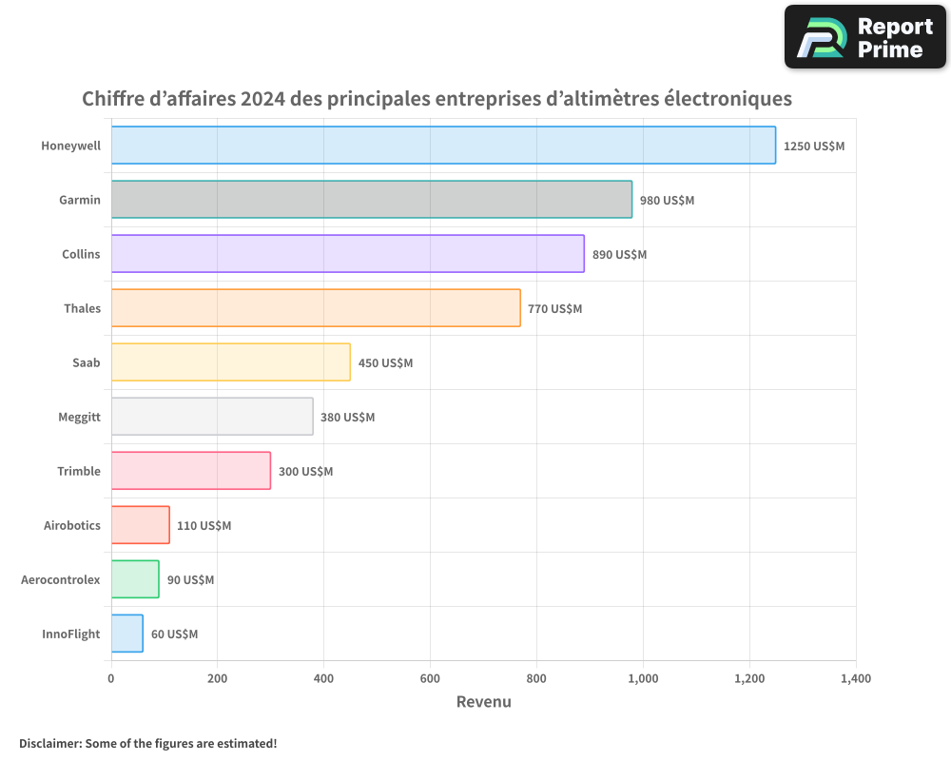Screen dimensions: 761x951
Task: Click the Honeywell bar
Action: point(443,146)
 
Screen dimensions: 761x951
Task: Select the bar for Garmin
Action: point(371,200)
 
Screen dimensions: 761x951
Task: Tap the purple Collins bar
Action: point(347,254)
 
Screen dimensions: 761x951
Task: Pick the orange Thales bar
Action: point(316,308)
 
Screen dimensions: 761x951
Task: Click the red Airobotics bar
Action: point(140,525)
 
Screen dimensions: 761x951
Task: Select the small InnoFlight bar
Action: point(126,634)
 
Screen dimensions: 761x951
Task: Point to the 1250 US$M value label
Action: point(814,146)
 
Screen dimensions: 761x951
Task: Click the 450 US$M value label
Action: point(385,363)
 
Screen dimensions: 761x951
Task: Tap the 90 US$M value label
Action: point(190,580)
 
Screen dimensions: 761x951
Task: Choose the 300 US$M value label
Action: point(305,472)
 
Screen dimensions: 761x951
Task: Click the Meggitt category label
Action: point(79,417)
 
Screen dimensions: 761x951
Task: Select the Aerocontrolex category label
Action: point(60,579)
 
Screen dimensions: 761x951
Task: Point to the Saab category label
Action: point(86,362)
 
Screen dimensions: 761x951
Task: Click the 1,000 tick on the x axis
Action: point(643,679)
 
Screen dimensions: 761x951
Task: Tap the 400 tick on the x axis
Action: point(323,679)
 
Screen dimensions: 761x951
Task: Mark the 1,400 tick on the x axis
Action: point(855,679)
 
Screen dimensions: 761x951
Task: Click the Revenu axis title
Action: point(483,702)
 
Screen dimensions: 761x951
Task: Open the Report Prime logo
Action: point(864,37)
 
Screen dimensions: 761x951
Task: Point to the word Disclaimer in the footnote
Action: point(49,743)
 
